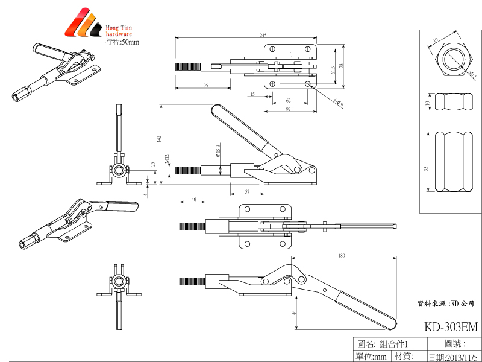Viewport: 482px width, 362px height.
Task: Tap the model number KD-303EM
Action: point(451,328)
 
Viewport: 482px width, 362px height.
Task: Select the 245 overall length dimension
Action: point(246,35)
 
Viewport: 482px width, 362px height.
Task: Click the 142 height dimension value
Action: point(158,139)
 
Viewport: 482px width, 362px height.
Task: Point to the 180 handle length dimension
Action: point(342,256)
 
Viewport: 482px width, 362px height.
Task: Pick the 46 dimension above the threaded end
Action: point(193,198)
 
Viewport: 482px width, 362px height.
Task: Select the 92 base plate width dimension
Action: point(288,109)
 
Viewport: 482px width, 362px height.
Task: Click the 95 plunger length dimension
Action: point(205,86)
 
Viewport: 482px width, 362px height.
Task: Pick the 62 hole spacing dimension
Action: point(288,100)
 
